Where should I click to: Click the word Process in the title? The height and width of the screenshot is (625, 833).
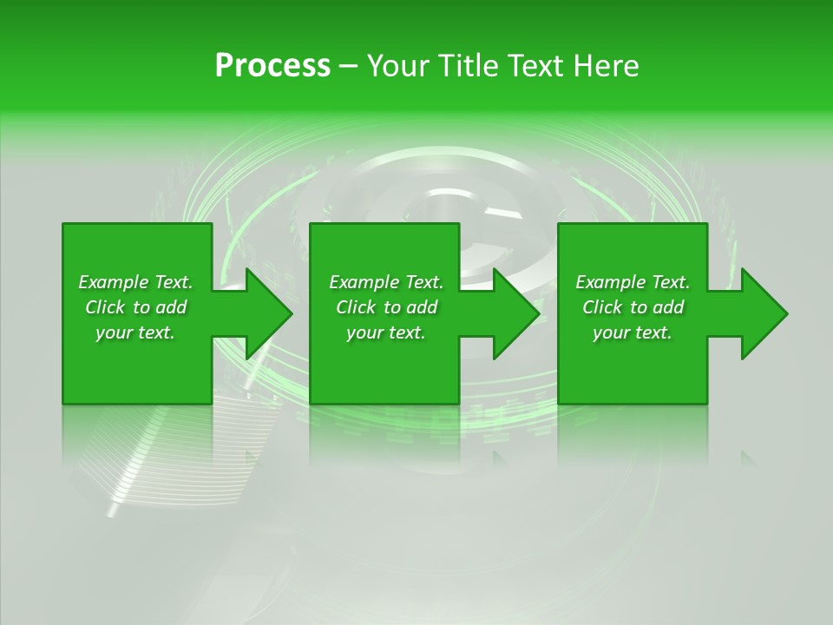(272, 66)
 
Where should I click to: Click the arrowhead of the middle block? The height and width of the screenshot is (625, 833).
(515, 313)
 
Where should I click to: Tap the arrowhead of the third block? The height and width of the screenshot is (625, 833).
(764, 313)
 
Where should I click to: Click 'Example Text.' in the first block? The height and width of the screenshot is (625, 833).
(135, 282)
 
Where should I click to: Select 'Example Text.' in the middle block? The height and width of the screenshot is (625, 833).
(386, 282)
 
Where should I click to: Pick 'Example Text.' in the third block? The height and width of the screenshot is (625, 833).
(633, 282)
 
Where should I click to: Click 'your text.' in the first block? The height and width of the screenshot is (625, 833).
(135, 332)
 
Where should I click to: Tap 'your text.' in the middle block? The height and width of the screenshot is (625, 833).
(386, 332)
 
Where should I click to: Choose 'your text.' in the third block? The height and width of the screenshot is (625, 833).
(633, 332)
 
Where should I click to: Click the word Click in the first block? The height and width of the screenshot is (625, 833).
(105, 307)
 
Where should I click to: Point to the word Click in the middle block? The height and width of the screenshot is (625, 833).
(356, 307)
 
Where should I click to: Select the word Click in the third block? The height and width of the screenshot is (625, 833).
(602, 307)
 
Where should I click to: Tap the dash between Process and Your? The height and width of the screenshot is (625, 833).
(349, 67)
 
